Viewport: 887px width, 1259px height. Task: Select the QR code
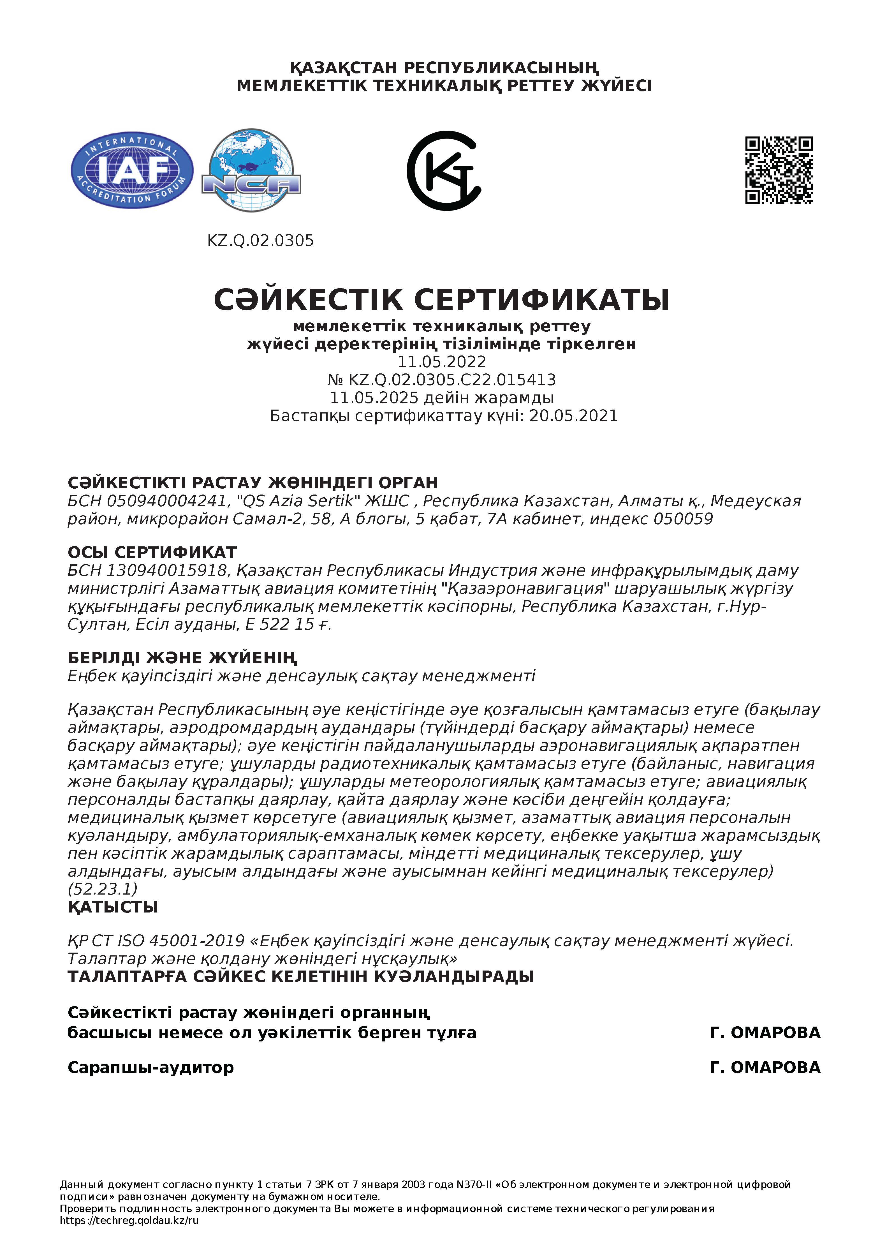pos(779,170)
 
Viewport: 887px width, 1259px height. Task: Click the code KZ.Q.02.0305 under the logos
pos(260,241)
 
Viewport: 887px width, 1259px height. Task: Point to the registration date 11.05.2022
pos(442,362)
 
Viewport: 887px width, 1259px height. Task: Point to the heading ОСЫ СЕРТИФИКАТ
pos(152,552)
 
